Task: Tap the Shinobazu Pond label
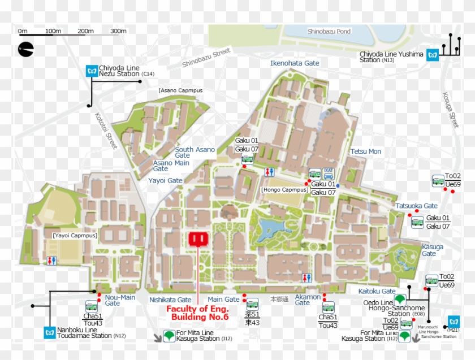329,32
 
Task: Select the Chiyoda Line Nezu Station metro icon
91,71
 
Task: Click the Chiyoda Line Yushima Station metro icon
434,55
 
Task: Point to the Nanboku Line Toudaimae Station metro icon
49,333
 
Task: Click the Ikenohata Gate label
295,63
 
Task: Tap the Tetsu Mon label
366,151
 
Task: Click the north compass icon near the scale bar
25,50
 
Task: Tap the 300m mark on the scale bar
118,31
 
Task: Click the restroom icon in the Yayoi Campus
51,261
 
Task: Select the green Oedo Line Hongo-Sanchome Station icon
400,299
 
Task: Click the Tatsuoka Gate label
416,206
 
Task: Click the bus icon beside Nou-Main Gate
91,306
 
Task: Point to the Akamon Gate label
308,300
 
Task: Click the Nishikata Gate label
170,300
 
